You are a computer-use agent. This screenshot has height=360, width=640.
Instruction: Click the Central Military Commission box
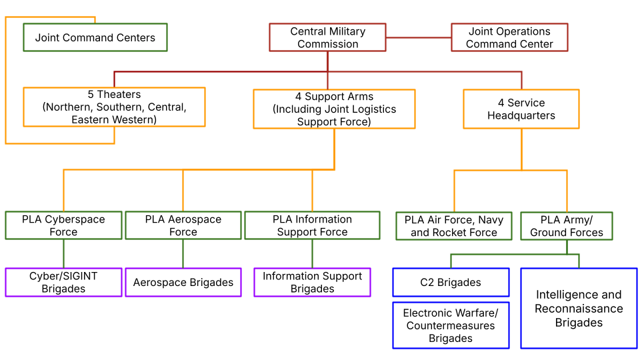pyautogui.click(x=327, y=37)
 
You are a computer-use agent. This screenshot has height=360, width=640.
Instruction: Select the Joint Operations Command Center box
pyautogui.click(x=509, y=37)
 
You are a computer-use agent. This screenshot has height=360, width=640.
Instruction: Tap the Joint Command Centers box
pyautogui.click(x=95, y=37)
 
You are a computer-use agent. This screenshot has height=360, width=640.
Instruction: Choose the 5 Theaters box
pyautogui.click(x=114, y=107)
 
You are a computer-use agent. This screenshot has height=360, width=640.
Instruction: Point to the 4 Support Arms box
pyautogui.click(x=334, y=109)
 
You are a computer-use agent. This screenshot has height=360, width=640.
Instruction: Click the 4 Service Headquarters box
pyautogui.click(x=521, y=109)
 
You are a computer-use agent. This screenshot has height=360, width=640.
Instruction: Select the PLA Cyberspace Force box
pyautogui.click(x=63, y=225)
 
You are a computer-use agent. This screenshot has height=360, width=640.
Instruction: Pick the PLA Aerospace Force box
pyautogui.click(x=183, y=225)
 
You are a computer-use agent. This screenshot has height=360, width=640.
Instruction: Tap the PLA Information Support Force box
pyautogui.click(x=312, y=225)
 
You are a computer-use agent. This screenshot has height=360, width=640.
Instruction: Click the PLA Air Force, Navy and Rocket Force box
pyautogui.click(x=453, y=226)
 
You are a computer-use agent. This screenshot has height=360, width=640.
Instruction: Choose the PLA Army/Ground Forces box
pyautogui.click(x=566, y=226)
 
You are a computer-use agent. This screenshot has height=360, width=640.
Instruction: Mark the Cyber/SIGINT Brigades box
pyautogui.click(x=63, y=282)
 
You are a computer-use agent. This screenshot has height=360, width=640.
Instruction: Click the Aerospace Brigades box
pyautogui.click(x=183, y=282)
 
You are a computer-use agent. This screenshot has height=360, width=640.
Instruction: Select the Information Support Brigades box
pyautogui.click(x=312, y=282)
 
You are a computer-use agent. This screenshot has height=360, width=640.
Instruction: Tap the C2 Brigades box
pyautogui.click(x=451, y=282)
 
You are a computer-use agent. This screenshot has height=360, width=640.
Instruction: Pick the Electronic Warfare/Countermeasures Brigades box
pyautogui.click(x=451, y=325)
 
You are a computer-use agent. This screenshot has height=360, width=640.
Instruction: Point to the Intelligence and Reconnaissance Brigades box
pyautogui.click(x=578, y=308)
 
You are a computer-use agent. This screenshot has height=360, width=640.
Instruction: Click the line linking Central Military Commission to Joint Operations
pyautogui.click(x=418, y=37)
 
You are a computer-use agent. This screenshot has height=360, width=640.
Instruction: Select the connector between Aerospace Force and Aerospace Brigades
pyautogui.click(x=183, y=253)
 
